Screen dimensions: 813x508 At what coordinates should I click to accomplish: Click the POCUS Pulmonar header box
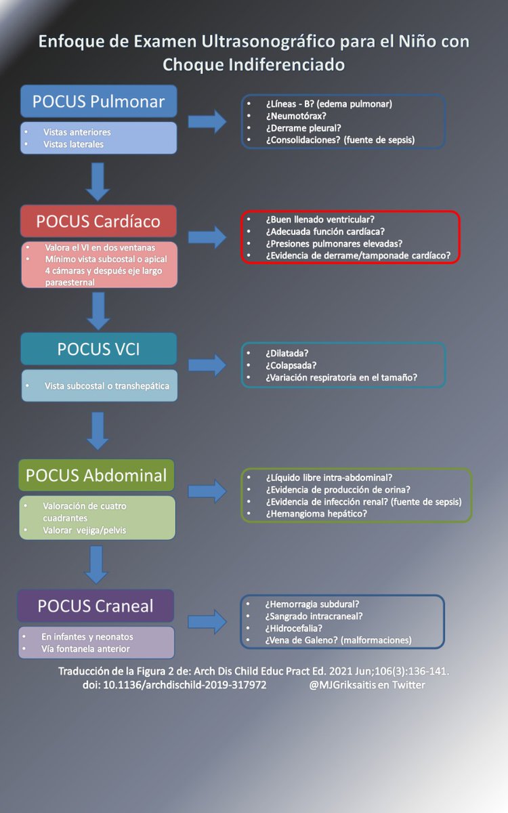[x=98, y=102]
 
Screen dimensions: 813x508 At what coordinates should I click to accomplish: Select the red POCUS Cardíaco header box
[x=98, y=221]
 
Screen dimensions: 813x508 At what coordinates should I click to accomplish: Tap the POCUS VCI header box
[x=98, y=349]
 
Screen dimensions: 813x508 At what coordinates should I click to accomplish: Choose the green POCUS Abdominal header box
[x=96, y=475]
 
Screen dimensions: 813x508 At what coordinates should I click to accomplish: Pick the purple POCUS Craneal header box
[x=96, y=606]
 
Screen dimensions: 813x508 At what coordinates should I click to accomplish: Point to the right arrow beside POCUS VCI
[x=207, y=364]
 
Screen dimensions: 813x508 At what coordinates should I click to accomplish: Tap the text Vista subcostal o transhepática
[x=107, y=386]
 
